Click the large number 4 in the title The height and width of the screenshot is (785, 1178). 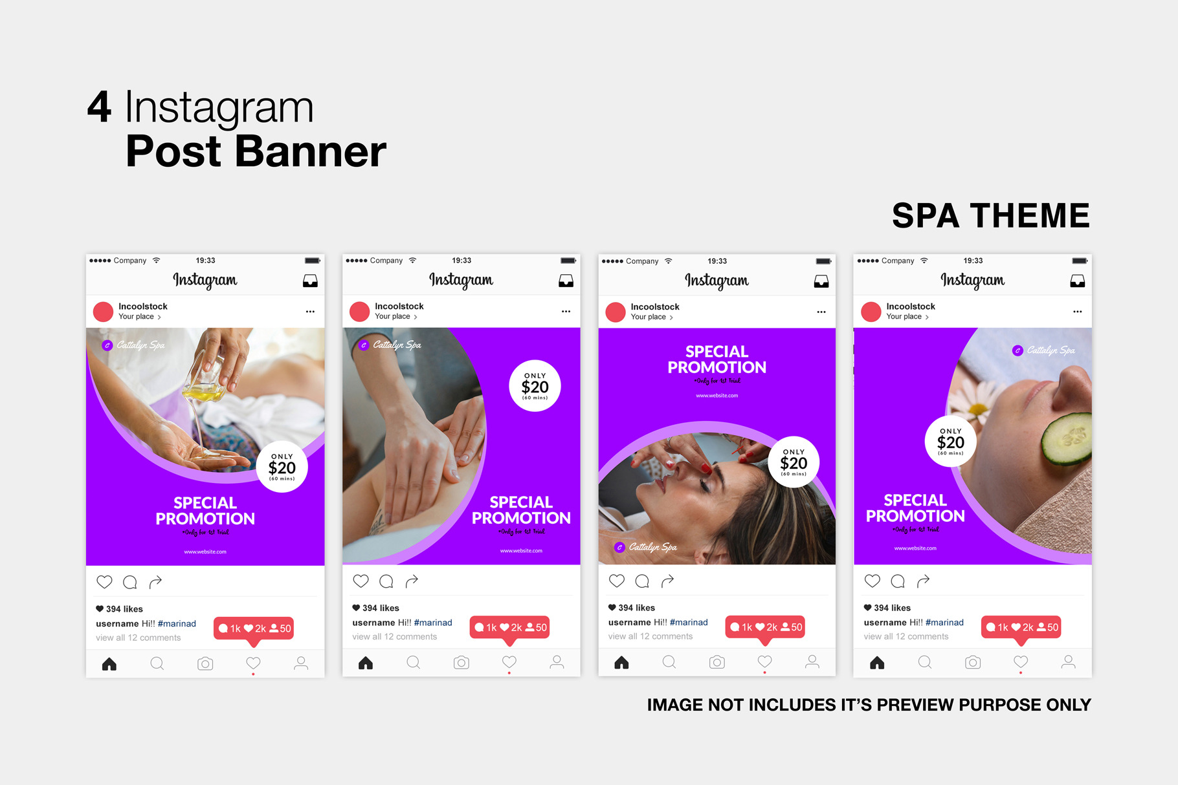(100, 107)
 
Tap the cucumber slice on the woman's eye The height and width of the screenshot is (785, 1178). (1067, 439)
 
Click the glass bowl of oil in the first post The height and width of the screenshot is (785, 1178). (206, 382)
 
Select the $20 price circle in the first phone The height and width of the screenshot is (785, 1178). (282, 468)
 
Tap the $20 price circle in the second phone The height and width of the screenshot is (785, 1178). (535, 386)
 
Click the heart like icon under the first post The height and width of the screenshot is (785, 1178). (104, 582)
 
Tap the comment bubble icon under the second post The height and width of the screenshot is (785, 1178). (386, 581)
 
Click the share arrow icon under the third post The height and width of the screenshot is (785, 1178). (667, 581)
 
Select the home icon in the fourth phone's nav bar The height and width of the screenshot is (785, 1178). (877, 663)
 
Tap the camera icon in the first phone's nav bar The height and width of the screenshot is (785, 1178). (205, 663)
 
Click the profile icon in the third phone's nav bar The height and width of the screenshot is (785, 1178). (812, 661)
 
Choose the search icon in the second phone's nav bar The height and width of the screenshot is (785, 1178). (414, 662)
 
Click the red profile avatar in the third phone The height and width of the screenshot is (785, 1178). (616, 312)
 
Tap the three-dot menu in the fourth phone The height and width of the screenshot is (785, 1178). (1077, 312)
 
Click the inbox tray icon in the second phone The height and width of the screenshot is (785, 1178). (566, 281)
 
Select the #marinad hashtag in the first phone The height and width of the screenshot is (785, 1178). (177, 624)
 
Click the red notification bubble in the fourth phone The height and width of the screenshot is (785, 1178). (1021, 627)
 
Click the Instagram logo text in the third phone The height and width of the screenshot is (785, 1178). (717, 281)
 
